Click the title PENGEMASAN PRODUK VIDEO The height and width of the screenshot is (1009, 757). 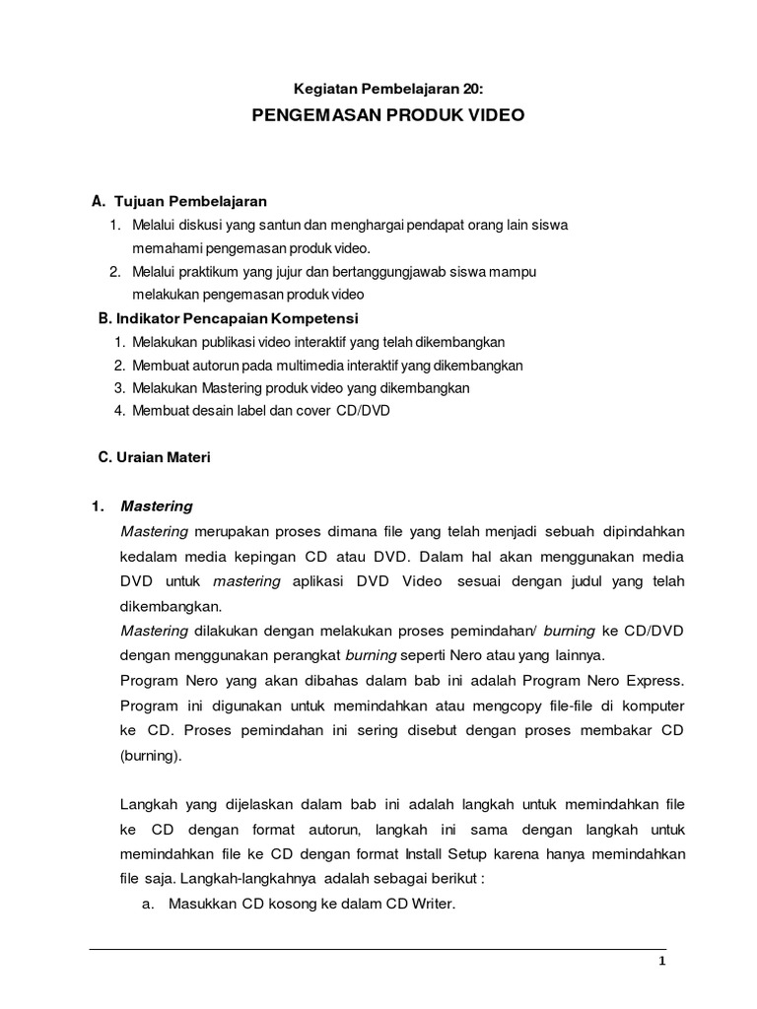388,115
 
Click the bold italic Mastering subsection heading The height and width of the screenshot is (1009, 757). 157,506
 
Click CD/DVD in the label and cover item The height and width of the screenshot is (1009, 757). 363,410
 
